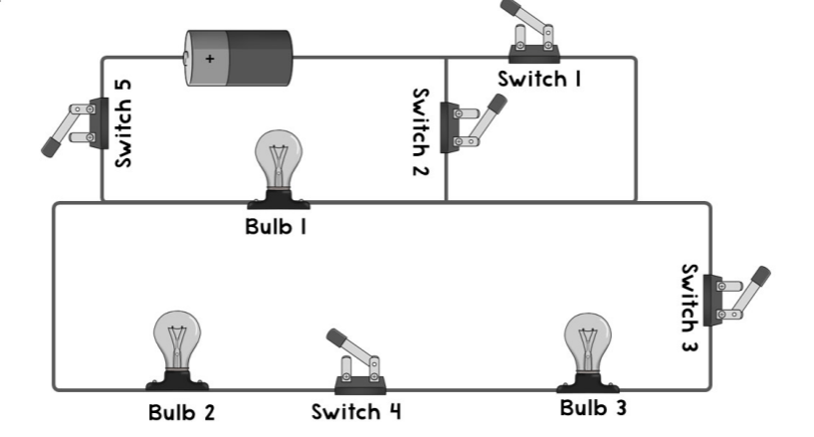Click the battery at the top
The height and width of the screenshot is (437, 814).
tap(240, 57)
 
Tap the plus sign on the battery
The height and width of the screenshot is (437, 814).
tap(209, 59)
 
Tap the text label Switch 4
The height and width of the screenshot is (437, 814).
tap(356, 411)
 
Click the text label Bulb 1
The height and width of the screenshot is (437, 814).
tap(275, 226)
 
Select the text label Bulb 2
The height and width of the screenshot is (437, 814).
tap(182, 411)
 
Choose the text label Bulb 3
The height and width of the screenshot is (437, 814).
tap(593, 408)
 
